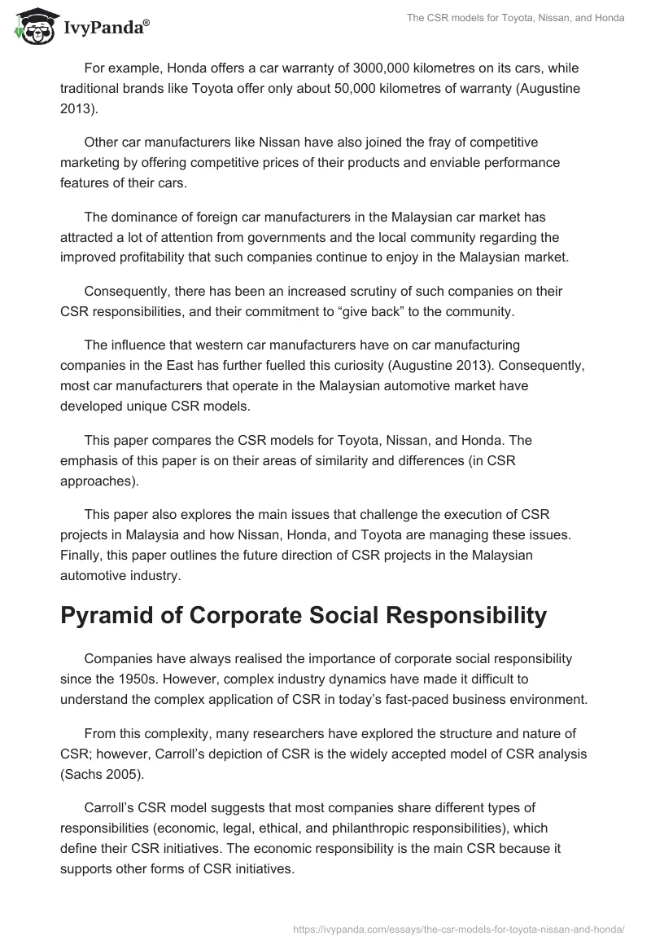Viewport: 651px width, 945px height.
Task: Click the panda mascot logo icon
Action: tap(31, 28)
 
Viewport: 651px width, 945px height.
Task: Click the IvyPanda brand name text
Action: tap(106, 29)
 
